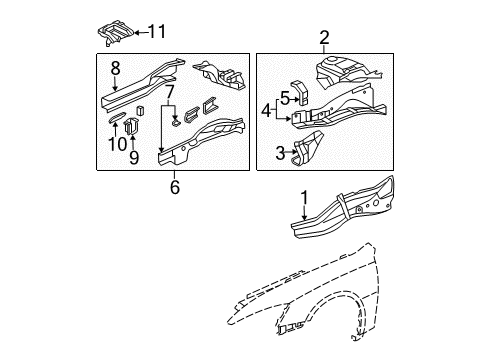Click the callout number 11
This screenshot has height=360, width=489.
click(x=158, y=32)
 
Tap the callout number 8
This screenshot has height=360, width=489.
click(x=115, y=68)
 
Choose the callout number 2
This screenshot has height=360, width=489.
click(x=324, y=38)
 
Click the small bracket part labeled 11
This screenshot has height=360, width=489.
click(x=115, y=32)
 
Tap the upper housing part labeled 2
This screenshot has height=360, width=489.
click(x=345, y=70)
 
